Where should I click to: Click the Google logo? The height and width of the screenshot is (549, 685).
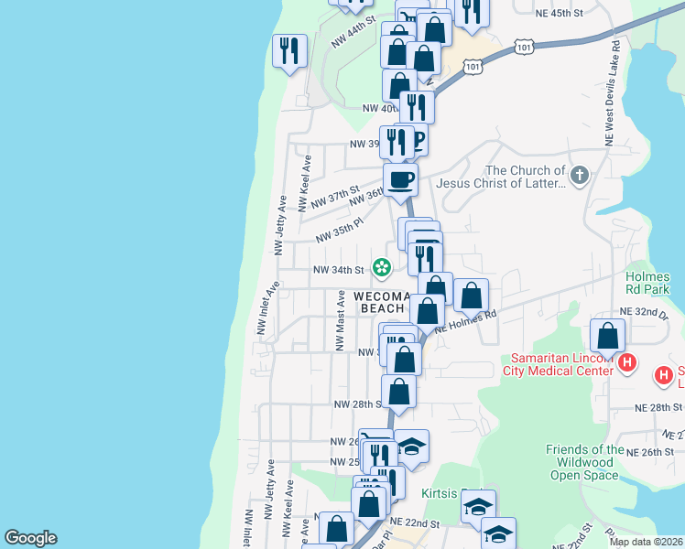click(x=30, y=538)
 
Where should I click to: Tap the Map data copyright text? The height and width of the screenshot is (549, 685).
click(x=645, y=542)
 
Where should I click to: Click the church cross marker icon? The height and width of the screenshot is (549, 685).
click(x=578, y=174)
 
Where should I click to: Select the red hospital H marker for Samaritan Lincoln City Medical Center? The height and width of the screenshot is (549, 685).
click(x=627, y=362)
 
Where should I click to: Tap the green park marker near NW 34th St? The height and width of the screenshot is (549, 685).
click(x=381, y=268)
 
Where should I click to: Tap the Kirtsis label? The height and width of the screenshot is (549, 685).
click(x=439, y=494)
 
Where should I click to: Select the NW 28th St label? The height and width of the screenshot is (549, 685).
click(x=356, y=404)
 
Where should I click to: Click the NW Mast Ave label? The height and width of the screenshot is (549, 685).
click(x=339, y=328)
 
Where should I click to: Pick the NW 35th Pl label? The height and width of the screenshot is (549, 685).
click(x=340, y=231)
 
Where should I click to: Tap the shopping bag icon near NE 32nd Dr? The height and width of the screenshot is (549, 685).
click(x=607, y=336)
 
